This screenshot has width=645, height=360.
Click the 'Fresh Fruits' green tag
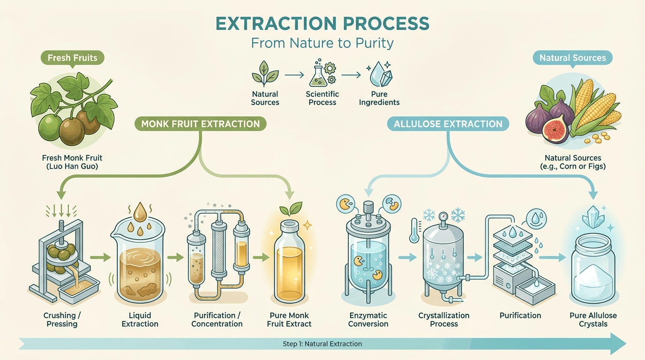point(72,58)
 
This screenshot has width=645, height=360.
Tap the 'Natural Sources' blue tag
point(572,58)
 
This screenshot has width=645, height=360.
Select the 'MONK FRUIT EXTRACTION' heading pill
point(201,124)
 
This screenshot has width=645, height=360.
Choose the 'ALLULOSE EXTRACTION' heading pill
point(448,124)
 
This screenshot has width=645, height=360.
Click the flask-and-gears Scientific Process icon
point(322,73)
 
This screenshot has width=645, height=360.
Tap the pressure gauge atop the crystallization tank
point(442,217)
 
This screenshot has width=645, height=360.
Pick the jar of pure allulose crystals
point(593,272)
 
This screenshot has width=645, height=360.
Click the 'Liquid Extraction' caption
point(140,320)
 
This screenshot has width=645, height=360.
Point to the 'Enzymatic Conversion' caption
point(368,320)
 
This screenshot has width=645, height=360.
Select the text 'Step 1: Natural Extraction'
point(322,344)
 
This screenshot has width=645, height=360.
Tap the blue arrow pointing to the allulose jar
point(556,256)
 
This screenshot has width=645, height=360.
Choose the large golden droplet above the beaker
point(140,213)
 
